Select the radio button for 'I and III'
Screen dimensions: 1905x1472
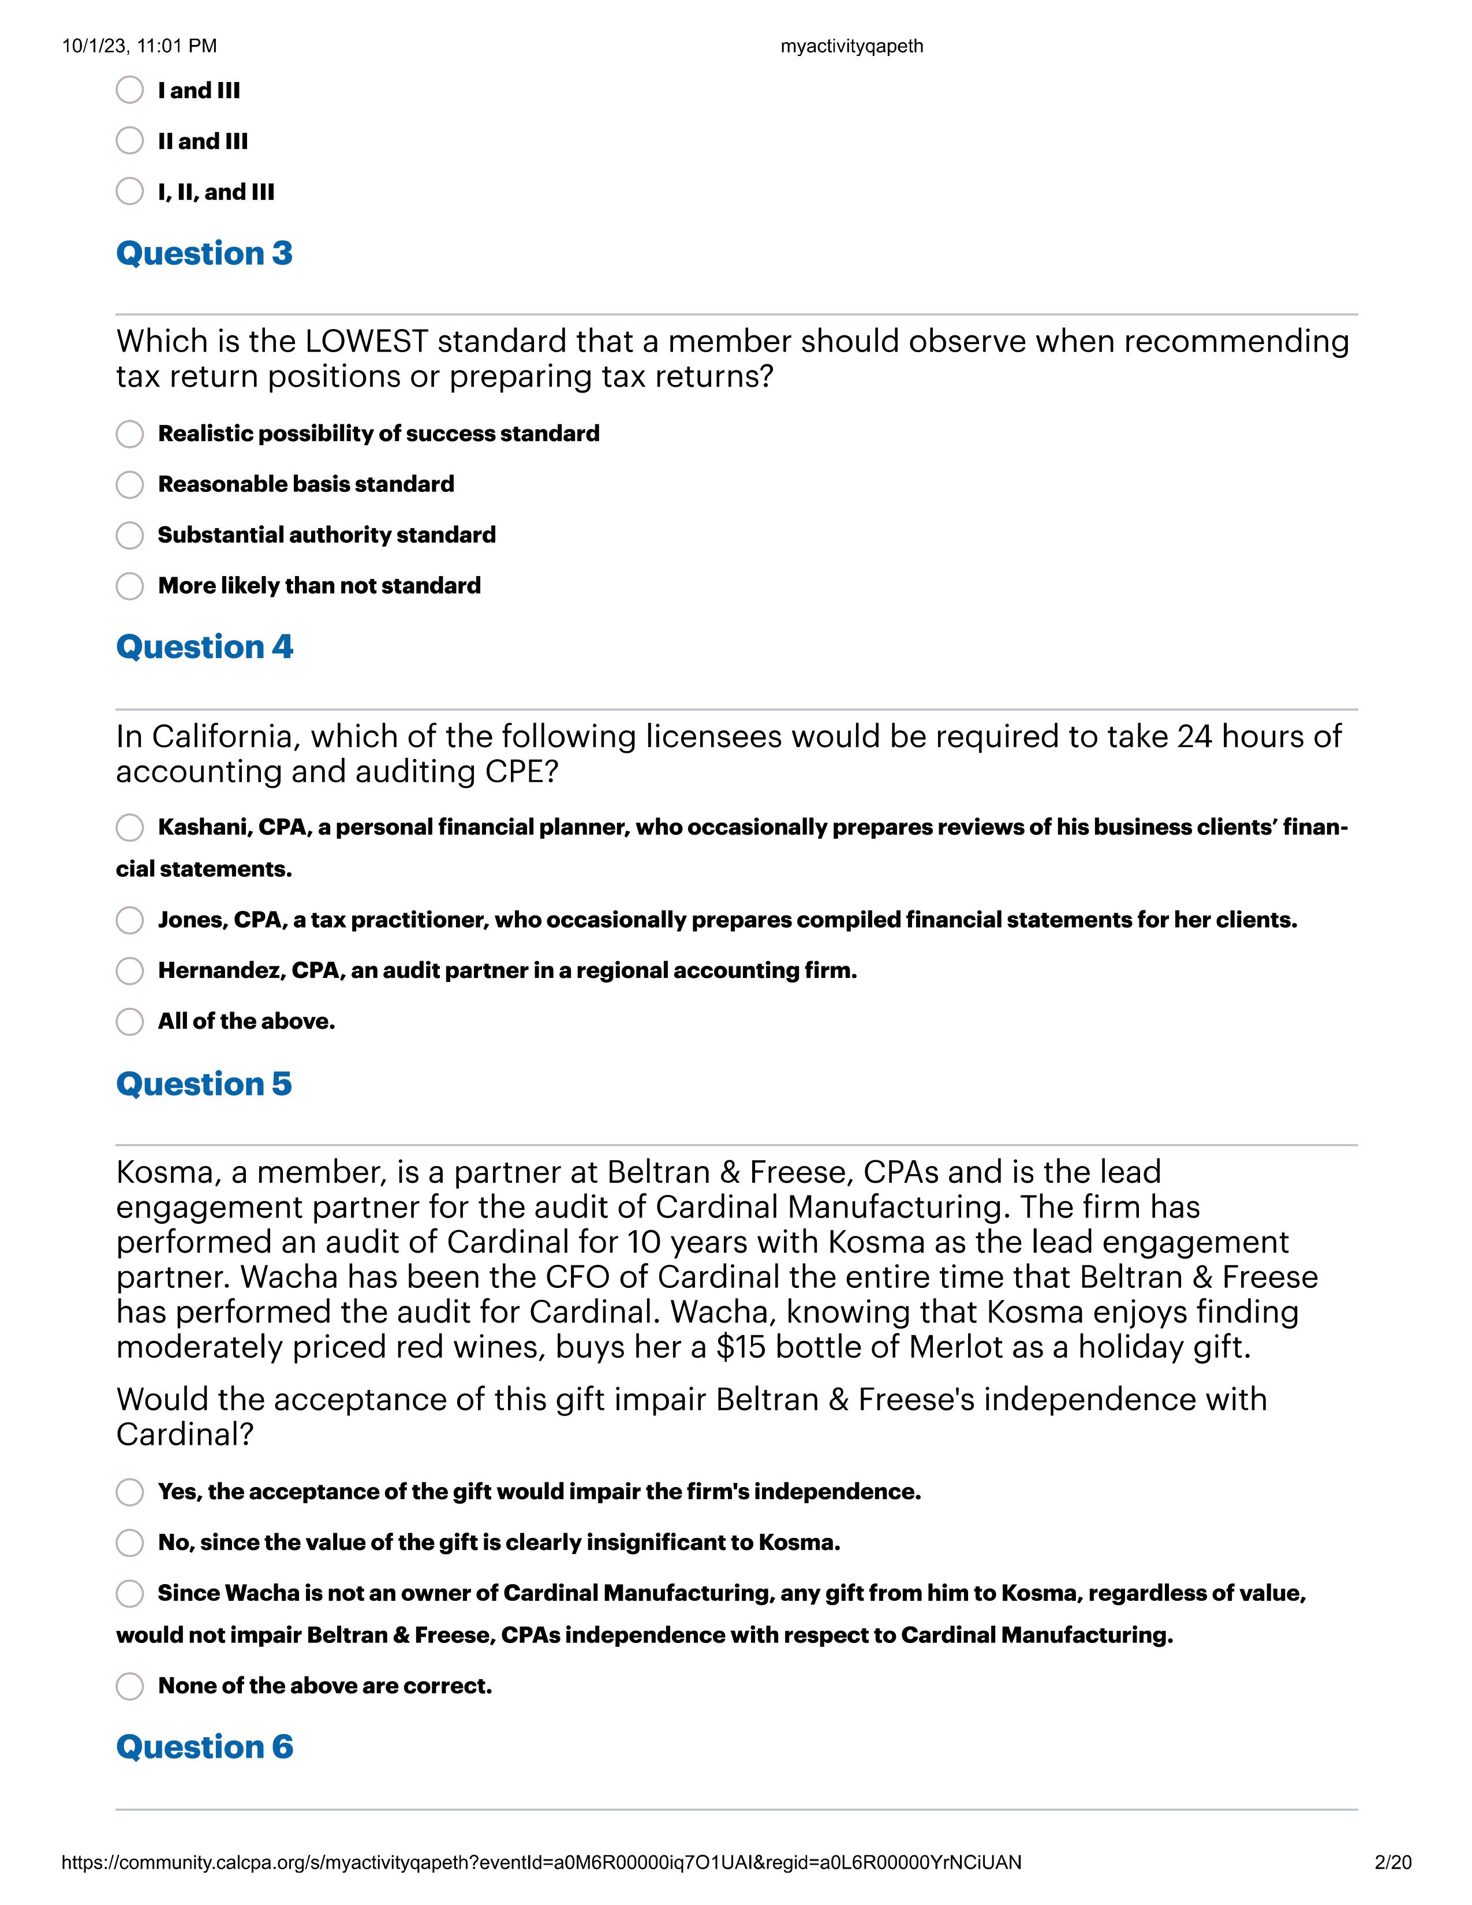click(130, 90)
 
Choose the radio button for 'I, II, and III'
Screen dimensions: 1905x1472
click(130, 191)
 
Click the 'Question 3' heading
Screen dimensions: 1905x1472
click(204, 253)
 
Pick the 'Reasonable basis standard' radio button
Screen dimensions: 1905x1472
click(130, 484)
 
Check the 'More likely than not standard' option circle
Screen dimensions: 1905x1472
click(130, 585)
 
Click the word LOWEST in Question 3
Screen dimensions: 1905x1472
click(366, 341)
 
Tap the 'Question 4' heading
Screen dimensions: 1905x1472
click(204, 647)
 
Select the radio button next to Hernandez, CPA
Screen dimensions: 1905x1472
click(130, 971)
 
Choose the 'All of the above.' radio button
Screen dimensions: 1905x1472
click(130, 1021)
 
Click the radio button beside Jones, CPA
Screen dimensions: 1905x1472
click(130, 920)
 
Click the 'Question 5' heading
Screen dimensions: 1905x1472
click(203, 1084)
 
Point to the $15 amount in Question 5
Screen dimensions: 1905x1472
click(741, 1347)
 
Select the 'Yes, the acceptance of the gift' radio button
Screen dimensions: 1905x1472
click(130, 1492)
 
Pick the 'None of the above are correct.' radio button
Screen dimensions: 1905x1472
click(130, 1686)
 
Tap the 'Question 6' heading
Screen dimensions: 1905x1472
click(204, 1747)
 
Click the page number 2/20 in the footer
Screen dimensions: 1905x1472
click(1392, 1863)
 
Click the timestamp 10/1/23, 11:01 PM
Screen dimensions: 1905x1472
click(140, 46)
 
